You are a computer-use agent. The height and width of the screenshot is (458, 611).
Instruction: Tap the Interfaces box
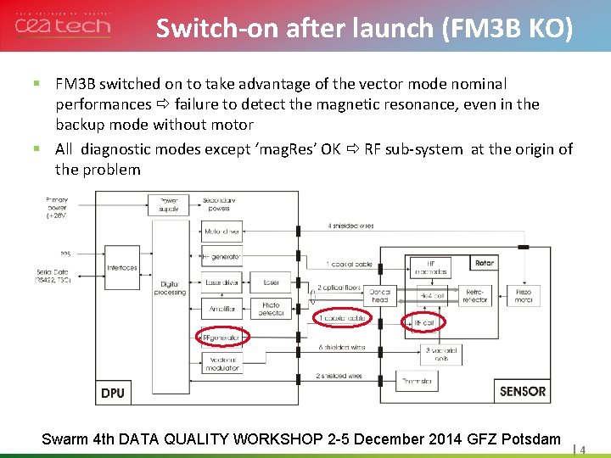(122, 268)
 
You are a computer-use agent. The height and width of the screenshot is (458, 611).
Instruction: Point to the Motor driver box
(222, 231)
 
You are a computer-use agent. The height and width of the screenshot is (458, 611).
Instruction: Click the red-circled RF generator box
(221, 338)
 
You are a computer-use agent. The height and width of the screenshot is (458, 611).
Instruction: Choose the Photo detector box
(271, 310)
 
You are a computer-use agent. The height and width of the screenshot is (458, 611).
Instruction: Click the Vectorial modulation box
(222, 362)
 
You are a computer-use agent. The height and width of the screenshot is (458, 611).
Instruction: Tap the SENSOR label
(523, 392)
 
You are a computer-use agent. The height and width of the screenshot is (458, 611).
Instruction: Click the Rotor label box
(484, 264)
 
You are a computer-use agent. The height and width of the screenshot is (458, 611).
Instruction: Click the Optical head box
(379, 294)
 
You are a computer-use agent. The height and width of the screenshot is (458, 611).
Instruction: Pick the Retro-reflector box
(474, 294)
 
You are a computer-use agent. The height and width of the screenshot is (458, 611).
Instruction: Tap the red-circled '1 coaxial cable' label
(343, 318)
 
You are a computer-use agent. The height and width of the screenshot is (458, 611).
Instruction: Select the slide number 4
(583, 450)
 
